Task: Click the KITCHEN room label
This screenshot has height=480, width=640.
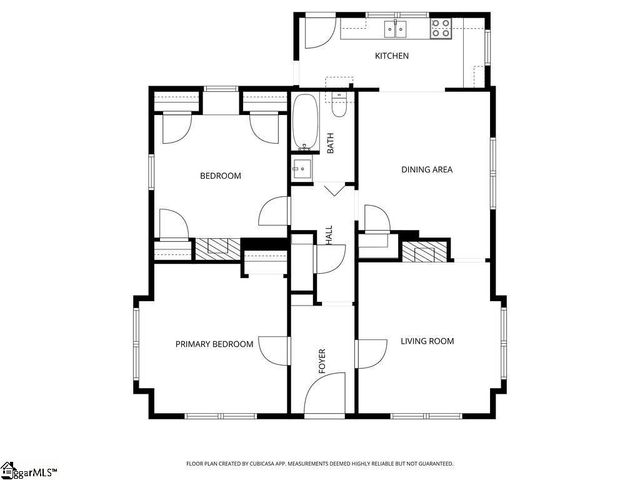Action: coord(391,56)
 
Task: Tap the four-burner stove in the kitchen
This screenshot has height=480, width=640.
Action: coord(440,28)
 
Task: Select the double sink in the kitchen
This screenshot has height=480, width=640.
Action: coord(397,27)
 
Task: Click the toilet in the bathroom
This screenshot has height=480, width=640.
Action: coord(340,103)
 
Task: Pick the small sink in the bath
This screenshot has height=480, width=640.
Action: coord(301,169)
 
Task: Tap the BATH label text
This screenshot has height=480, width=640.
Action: coord(330,143)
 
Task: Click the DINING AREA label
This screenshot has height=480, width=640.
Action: coord(427,169)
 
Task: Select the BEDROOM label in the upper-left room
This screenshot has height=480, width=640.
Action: coord(220,176)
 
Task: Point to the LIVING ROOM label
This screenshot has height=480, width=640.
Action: coord(427,341)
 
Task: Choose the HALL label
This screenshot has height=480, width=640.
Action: coord(329,236)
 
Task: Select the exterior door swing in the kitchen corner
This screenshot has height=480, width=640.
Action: coord(319,33)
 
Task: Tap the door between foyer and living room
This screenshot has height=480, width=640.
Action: coord(371,353)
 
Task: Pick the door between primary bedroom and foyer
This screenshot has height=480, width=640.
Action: coord(272,348)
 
